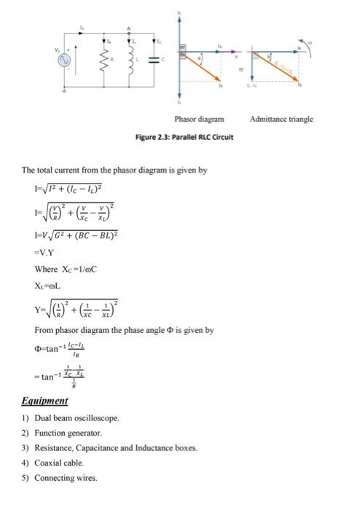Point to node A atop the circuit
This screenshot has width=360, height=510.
pos(130,30)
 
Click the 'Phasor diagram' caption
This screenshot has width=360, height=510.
pos(199,119)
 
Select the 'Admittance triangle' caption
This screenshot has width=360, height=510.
pos(281,119)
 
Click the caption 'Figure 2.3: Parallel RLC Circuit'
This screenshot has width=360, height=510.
pos(184,137)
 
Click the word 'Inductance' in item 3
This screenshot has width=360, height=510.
pos(152,448)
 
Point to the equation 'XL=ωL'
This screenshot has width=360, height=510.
pos(47,287)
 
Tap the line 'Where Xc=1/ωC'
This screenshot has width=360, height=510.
pos(66,270)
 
